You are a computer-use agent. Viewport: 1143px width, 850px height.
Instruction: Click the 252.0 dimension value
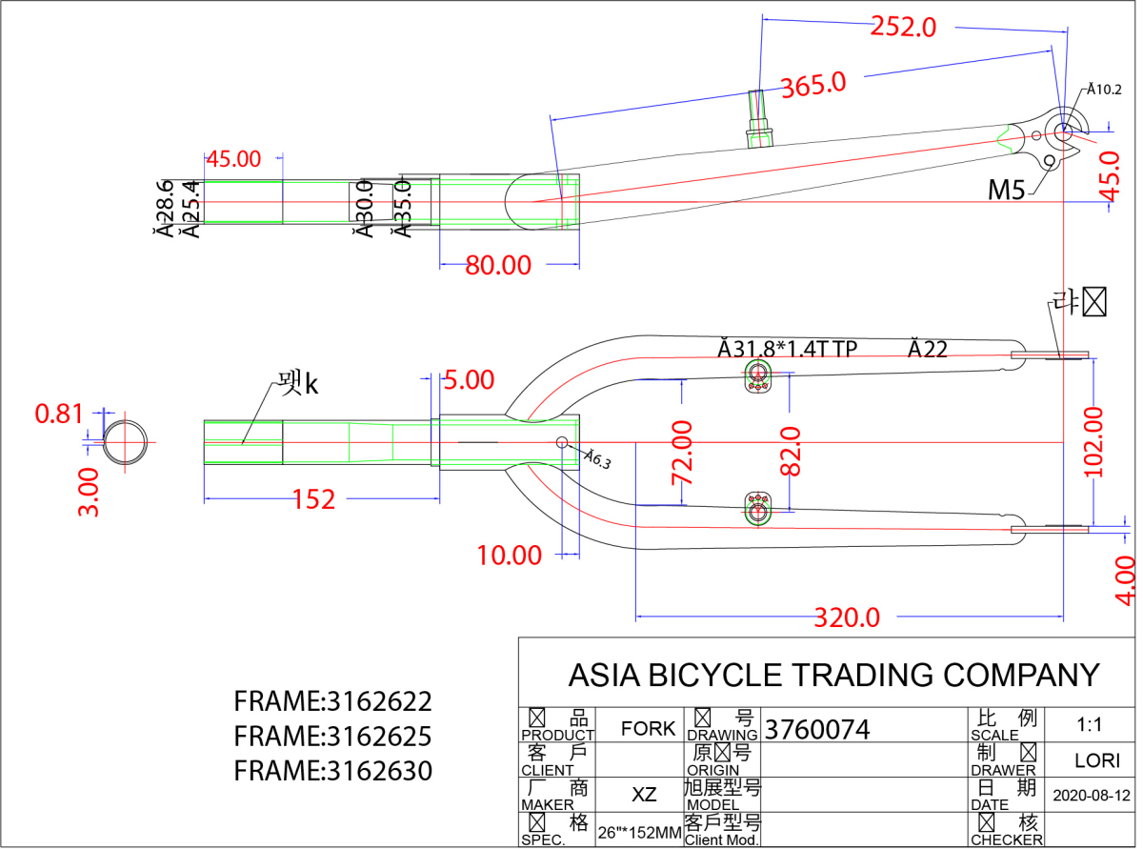(x=903, y=27)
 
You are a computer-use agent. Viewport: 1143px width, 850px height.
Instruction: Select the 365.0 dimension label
(x=813, y=84)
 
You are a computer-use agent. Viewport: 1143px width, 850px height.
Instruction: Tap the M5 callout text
(x=1006, y=190)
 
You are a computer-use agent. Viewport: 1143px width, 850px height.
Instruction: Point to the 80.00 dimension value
(x=498, y=265)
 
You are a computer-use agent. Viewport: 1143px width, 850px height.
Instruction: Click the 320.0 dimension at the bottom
(x=847, y=617)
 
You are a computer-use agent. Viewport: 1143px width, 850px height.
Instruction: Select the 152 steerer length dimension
(x=314, y=498)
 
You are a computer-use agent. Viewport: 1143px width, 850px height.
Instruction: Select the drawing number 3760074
(x=818, y=730)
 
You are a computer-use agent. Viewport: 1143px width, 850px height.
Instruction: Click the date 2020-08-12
(x=1092, y=795)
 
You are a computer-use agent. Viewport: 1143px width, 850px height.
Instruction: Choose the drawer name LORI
(x=1092, y=760)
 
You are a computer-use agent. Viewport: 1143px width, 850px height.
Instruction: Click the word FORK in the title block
(x=648, y=729)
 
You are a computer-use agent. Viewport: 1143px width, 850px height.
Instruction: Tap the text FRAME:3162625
(x=332, y=736)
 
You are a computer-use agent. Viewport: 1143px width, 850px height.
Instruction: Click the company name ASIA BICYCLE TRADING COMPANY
(x=833, y=675)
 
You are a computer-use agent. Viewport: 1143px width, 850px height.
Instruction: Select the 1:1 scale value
(x=1090, y=724)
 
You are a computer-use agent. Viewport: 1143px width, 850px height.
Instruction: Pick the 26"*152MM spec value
(x=639, y=833)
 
